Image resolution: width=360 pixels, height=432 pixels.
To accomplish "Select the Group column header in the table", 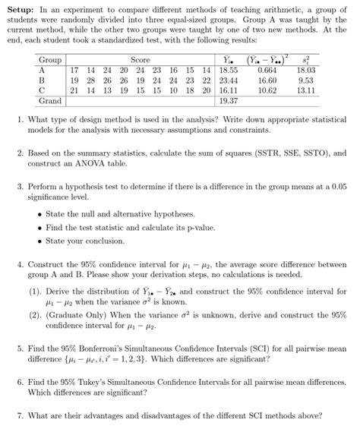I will (51, 59).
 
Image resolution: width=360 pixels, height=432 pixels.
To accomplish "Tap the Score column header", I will (141, 59).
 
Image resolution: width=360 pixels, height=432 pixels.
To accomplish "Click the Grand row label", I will (51, 99).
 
